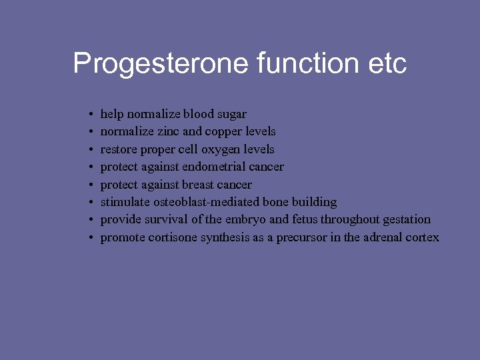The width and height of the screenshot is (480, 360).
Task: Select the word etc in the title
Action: tap(387, 64)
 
